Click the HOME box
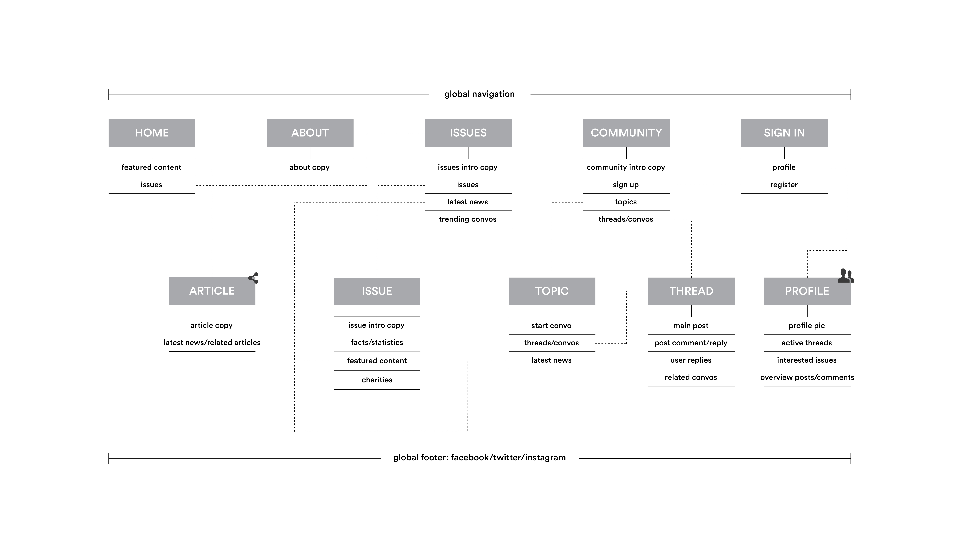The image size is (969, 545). click(x=152, y=133)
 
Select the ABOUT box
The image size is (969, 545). click(x=310, y=133)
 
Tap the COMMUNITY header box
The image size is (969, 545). click(x=626, y=133)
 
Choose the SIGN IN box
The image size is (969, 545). click(x=784, y=133)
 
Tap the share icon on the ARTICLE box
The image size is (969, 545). click(x=253, y=278)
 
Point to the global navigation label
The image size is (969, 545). click(x=479, y=94)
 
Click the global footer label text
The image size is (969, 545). click(x=479, y=458)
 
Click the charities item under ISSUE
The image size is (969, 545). click(x=377, y=380)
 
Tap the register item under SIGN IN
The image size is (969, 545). click(x=784, y=185)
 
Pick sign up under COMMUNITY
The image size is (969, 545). click(x=626, y=185)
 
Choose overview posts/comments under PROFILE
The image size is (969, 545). click(x=807, y=377)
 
